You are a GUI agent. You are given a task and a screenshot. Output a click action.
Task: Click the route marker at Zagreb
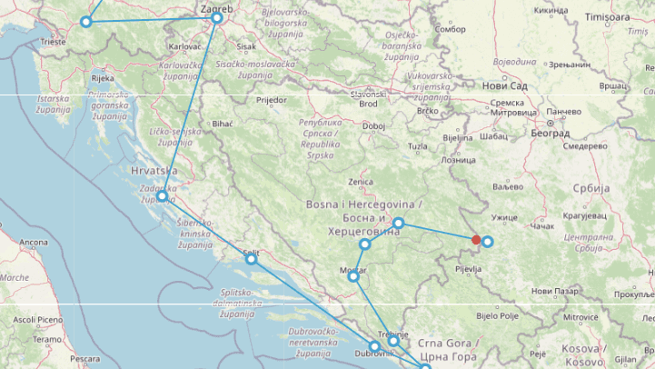tap(216, 18)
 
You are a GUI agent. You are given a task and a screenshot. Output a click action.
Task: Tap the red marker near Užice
tap(476, 240)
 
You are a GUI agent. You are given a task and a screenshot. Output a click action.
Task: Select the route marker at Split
tap(252, 259)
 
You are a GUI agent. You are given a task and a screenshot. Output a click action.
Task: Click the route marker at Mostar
tap(353, 276)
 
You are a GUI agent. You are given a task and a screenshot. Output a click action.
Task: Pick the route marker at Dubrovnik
tap(374, 346)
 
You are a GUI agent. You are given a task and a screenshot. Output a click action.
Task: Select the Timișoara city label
tap(606, 17)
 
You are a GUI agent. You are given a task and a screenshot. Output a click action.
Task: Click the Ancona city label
tap(34, 243)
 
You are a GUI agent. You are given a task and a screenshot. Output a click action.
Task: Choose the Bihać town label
tap(222, 124)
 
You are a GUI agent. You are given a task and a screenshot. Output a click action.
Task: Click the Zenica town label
tap(361, 182)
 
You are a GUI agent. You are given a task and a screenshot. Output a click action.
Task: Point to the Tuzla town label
tap(417, 146)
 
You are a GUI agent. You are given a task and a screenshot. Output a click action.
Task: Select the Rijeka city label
tap(103, 78)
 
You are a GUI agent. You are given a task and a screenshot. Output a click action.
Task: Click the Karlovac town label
tap(185, 45)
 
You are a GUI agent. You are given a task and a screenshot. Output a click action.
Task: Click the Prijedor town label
tap(271, 100)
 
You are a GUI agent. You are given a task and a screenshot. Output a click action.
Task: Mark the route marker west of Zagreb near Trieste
tap(86, 22)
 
